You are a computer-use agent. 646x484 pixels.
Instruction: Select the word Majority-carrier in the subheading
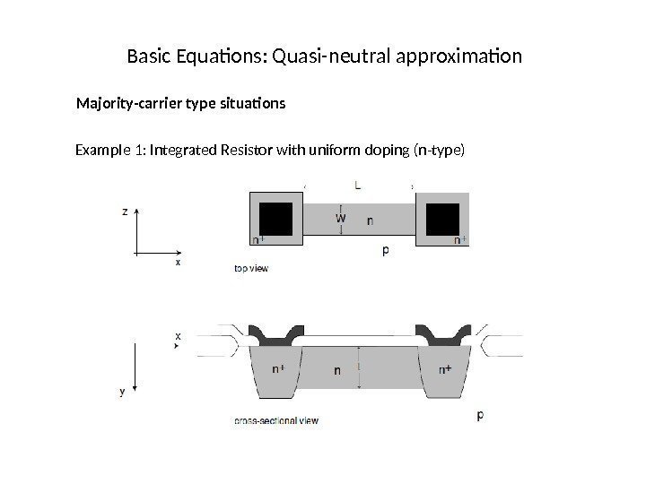click(x=127, y=104)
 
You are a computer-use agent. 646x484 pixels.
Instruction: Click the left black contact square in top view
click(x=276, y=218)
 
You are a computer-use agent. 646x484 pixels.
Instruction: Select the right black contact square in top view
click(x=444, y=218)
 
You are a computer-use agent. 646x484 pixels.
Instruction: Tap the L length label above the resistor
click(x=358, y=186)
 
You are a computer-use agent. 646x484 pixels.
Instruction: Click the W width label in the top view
click(x=341, y=217)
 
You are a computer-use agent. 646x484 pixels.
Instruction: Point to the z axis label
click(x=124, y=212)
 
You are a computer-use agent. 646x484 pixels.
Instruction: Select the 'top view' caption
click(x=251, y=267)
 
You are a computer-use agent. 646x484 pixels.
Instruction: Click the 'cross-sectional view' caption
click(x=275, y=419)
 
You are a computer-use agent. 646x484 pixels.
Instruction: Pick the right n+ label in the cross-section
click(x=445, y=369)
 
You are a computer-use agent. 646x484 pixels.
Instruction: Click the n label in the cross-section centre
click(x=337, y=369)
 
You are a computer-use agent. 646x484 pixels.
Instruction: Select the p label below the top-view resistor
click(x=386, y=251)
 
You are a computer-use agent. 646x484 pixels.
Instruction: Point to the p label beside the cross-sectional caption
click(x=480, y=415)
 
